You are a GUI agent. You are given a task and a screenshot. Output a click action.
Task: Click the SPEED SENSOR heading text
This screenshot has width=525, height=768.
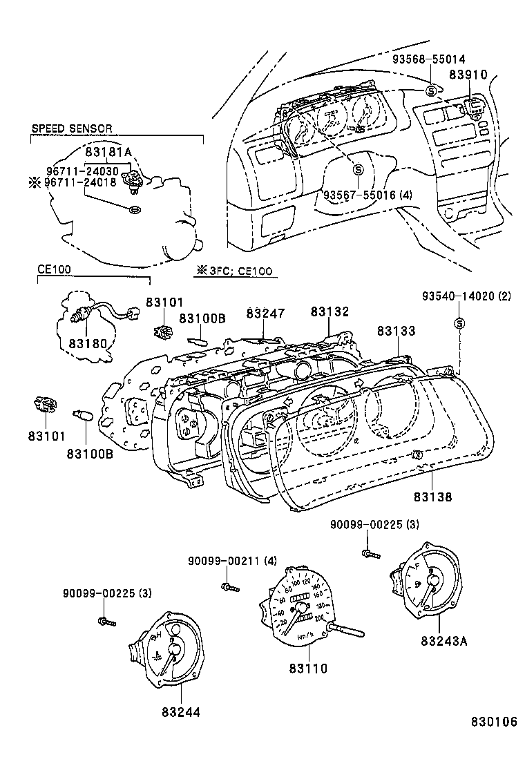coord(71,128)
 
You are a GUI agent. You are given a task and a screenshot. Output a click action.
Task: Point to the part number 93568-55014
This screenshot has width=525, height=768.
coord(429,59)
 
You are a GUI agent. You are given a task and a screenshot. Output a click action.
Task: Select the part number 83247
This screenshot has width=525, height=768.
coord(265,314)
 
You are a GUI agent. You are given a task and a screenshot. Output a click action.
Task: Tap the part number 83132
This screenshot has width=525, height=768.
coord(330,312)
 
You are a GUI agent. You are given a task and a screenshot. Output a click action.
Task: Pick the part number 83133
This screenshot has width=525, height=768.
coord(396,331)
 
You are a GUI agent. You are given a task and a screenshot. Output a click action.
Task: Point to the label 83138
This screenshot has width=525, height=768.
coord(433,495)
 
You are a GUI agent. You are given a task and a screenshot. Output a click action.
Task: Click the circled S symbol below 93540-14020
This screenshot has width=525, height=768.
coord(459,323)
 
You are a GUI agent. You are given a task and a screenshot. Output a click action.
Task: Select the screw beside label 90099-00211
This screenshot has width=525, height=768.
coord(229,587)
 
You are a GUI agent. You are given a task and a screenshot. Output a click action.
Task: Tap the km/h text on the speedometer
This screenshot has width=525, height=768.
coord(306,635)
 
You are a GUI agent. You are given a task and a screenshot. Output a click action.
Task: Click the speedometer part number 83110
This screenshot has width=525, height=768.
coord(309,668)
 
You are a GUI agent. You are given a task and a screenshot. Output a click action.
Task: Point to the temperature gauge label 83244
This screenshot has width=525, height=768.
coord(182,711)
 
